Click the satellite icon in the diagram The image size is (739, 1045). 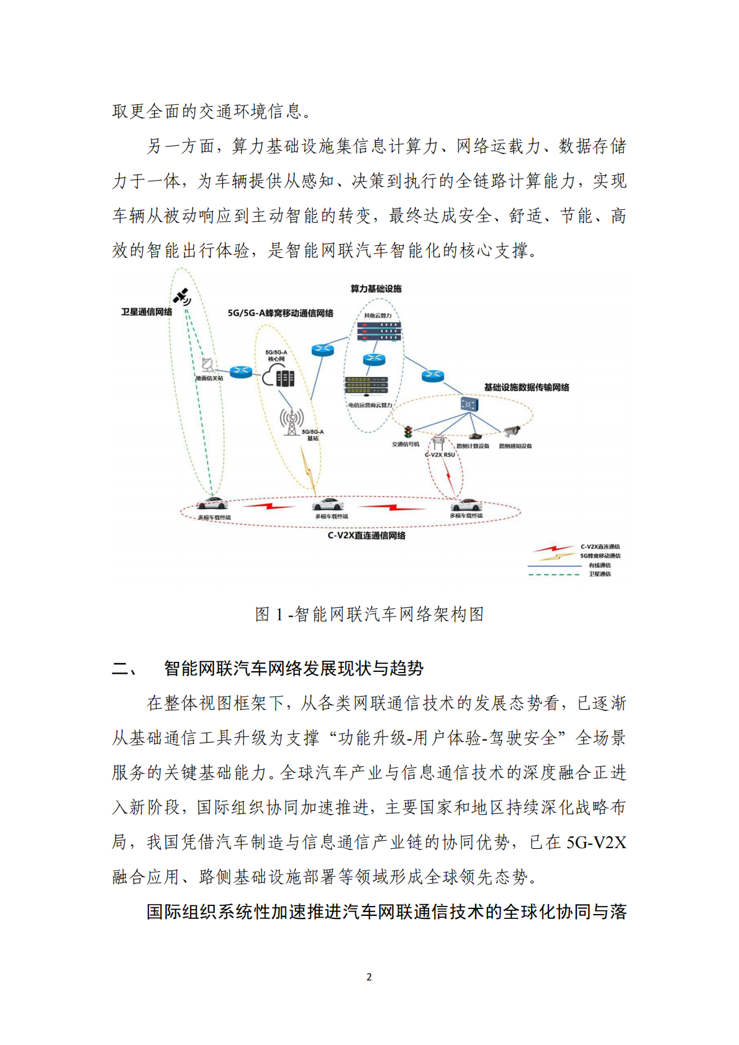point(182,297)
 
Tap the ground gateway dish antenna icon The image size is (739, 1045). point(208,364)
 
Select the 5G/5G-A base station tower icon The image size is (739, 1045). point(291,422)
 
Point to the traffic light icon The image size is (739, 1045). point(408,432)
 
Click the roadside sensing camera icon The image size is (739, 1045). point(512,432)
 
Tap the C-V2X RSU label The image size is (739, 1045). point(440,455)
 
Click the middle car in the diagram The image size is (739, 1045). point(329,504)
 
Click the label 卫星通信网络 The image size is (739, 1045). point(147,312)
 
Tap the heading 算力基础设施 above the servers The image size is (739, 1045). point(376,289)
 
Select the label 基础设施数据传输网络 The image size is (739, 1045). point(527,387)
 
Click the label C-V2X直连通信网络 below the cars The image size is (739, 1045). point(366,535)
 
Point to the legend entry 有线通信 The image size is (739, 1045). point(599,565)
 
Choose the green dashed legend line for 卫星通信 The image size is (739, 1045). point(553,574)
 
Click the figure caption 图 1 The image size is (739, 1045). point(369,614)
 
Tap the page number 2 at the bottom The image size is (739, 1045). point(369,977)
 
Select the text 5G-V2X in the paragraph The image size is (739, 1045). point(596,843)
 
